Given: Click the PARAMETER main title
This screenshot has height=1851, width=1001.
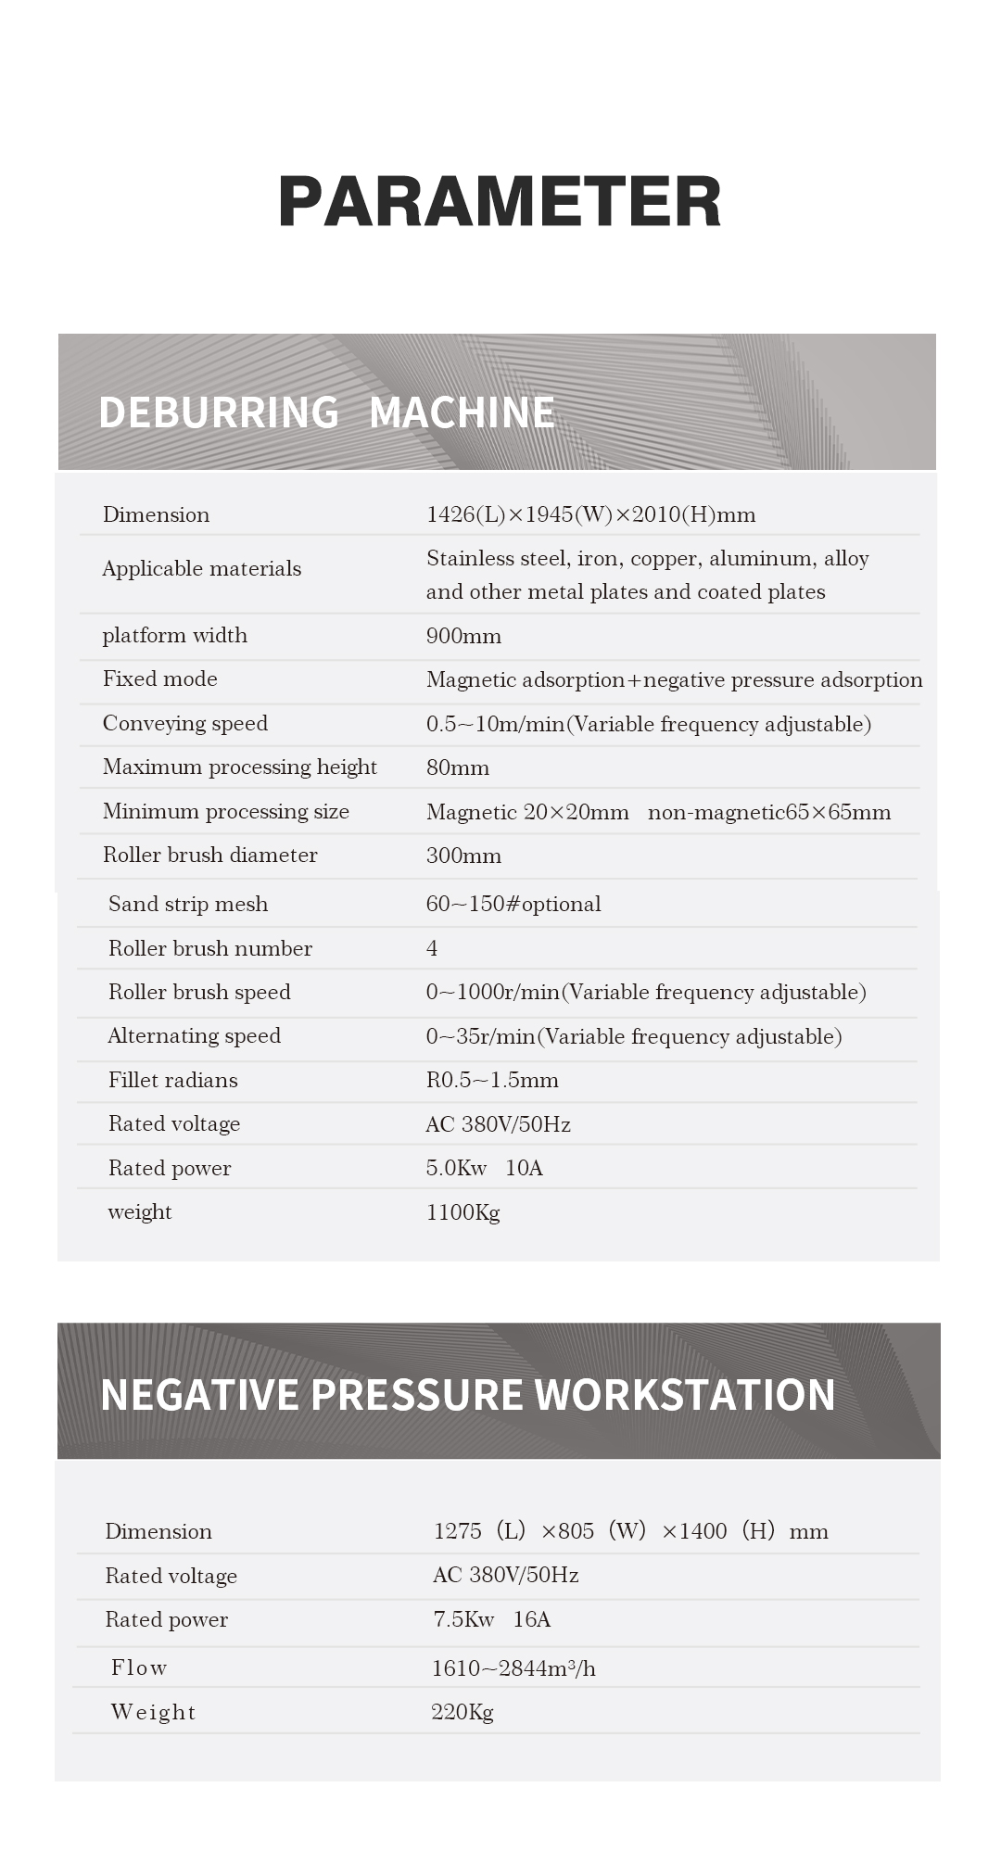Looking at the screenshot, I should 500,201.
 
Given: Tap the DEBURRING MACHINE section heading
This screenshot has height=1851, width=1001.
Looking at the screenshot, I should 326,412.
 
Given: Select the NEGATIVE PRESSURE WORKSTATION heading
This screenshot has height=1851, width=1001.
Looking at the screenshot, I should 467,1395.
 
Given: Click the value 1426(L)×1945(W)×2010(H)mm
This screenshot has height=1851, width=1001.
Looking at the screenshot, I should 590,514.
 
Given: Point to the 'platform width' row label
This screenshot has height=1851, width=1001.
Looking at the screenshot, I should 174,635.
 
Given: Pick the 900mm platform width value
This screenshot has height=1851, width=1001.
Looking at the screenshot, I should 463,636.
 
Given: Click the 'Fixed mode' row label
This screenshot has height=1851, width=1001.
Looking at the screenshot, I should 159,678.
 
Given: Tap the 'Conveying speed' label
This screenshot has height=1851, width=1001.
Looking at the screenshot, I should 184,723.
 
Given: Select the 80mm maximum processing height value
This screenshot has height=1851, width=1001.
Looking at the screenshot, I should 457,767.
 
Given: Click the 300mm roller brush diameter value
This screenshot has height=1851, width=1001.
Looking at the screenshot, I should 463,856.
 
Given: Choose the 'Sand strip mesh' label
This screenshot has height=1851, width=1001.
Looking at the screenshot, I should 187,904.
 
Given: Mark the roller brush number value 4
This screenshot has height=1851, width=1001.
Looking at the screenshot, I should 432,948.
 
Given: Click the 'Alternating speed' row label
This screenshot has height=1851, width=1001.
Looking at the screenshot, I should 194,1035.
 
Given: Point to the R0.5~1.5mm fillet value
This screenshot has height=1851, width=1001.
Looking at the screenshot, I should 491,1080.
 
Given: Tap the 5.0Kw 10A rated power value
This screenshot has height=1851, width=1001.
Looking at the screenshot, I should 484,1168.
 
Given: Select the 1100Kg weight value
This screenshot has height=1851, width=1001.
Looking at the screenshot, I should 462,1212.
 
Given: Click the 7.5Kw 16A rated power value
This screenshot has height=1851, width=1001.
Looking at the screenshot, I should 491,1619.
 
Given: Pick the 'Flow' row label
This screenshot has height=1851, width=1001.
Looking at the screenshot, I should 139,1667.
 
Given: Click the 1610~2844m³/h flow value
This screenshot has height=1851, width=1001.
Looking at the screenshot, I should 513,1668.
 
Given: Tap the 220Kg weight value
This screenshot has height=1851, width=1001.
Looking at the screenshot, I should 462,1712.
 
